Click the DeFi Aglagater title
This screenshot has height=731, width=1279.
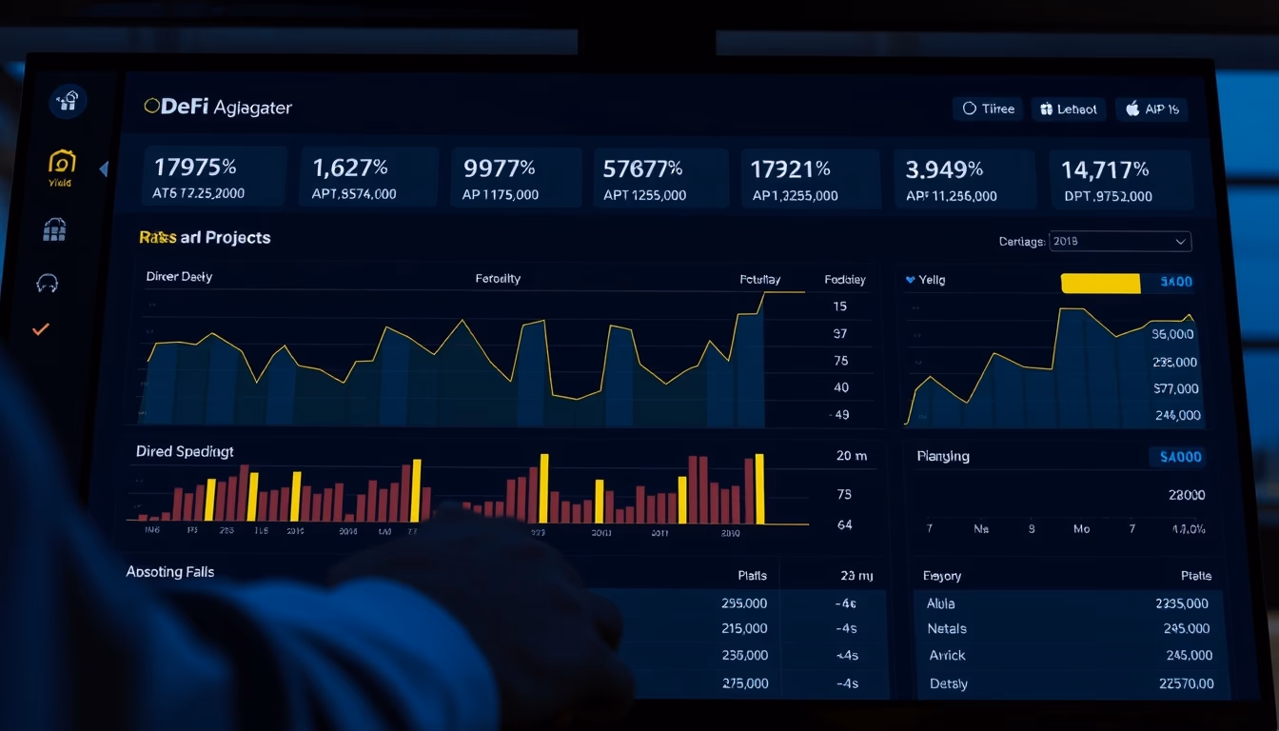pyautogui.click(x=218, y=108)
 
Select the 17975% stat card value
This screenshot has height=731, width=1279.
pyautogui.click(x=195, y=168)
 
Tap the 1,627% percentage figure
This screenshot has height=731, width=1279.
pyautogui.click(x=349, y=168)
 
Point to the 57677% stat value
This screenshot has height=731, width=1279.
pyautogui.click(x=642, y=169)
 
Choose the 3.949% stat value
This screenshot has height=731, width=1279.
pyautogui.click(x=943, y=170)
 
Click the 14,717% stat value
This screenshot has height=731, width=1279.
pyautogui.click(x=1105, y=170)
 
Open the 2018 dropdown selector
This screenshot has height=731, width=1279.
pyautogui.click(x=1120, y=242)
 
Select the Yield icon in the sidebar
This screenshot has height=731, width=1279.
pyautogui.click(x=61, y=163)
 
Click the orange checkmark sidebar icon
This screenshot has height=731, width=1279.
pyautogui.click(x=41, y=329)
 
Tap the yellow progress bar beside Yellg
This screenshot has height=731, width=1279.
pyautogui.click(x=1100, y=283)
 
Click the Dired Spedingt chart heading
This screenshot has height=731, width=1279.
pyautogui.click(x=185, y=451)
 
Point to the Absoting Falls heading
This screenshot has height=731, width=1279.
pyautogui.click(x=170, y=572)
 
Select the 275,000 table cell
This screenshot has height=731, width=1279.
pyautogui.click(x=744, y=683)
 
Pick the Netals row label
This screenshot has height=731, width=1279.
pyautogui.click(x=947, y=629)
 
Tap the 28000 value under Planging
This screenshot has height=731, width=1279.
pyautogui.click(x=1186, y=495)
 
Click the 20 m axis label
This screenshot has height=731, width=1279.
pyautogui.click(x=851, y=456)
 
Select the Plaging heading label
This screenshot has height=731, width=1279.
pyautogui.click(x=943, y=456)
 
